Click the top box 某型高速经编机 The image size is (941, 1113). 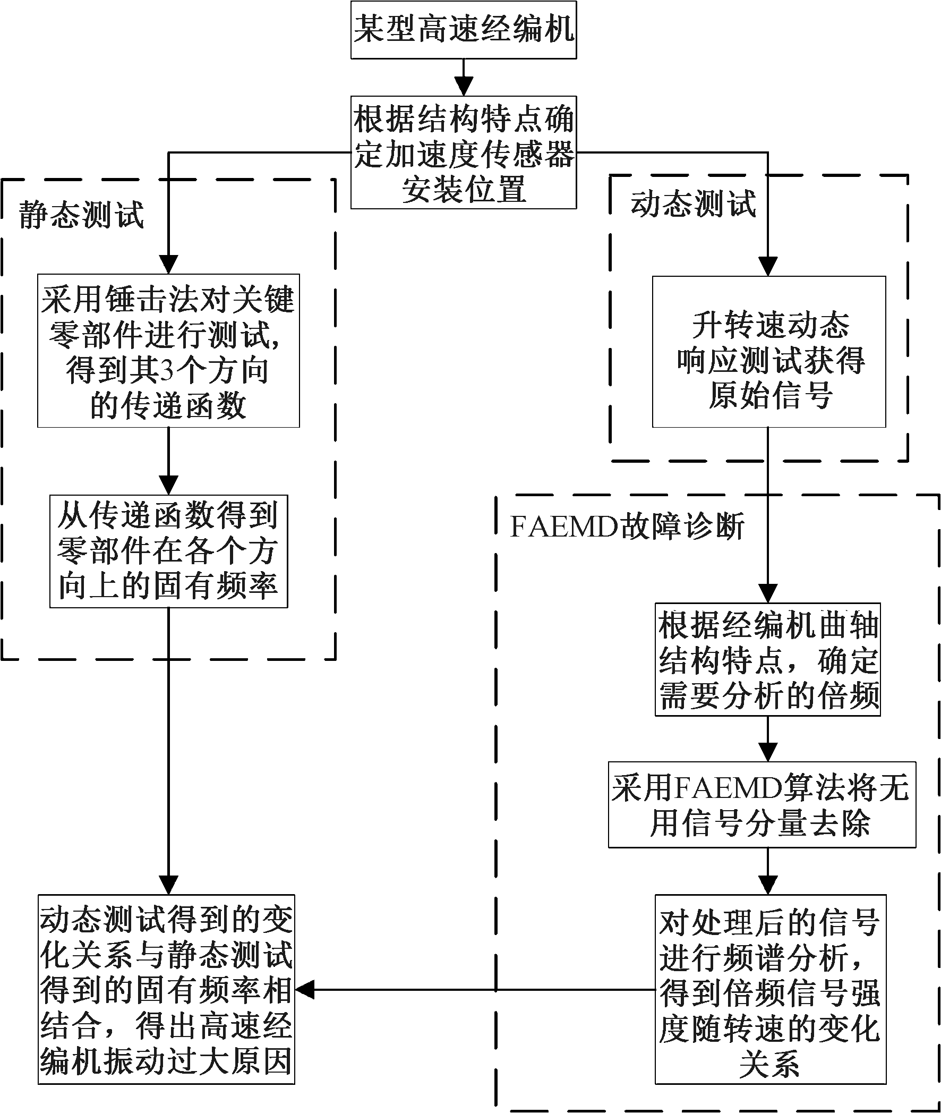[463, 29]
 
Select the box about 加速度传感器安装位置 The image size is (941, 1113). [463, 152]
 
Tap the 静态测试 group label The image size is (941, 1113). [82, 215]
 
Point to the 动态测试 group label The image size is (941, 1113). [693, 204]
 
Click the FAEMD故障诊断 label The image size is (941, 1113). [627, 527]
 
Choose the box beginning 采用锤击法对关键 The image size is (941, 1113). [168, 351]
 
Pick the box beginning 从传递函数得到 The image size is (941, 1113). [168, 551]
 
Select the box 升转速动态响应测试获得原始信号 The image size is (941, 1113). [769, 352]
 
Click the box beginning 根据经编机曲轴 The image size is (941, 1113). [768, 659]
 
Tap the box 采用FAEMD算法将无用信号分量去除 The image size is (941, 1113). [762, 805]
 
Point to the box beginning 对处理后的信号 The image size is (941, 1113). [771, 989]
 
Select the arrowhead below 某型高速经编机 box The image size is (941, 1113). [463, 87]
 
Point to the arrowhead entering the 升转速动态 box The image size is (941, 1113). [768, 266]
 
